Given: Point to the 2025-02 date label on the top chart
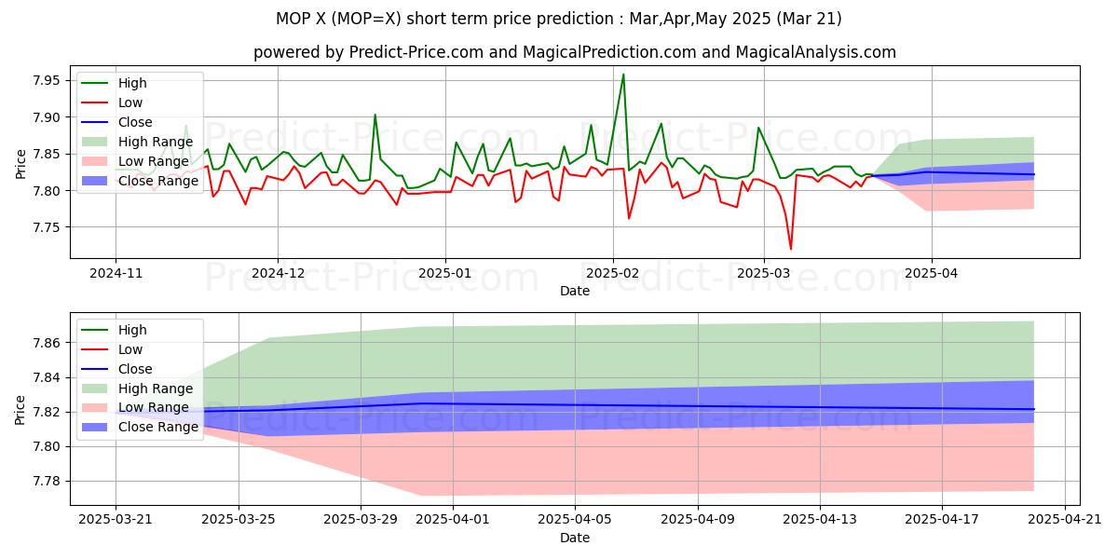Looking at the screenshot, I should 612,274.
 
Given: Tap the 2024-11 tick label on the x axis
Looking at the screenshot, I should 116,274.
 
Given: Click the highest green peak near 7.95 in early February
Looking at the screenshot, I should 623,75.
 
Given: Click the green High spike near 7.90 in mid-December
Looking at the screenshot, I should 375,116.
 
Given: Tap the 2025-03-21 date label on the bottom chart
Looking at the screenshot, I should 116,521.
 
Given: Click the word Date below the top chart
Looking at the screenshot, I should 575,291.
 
